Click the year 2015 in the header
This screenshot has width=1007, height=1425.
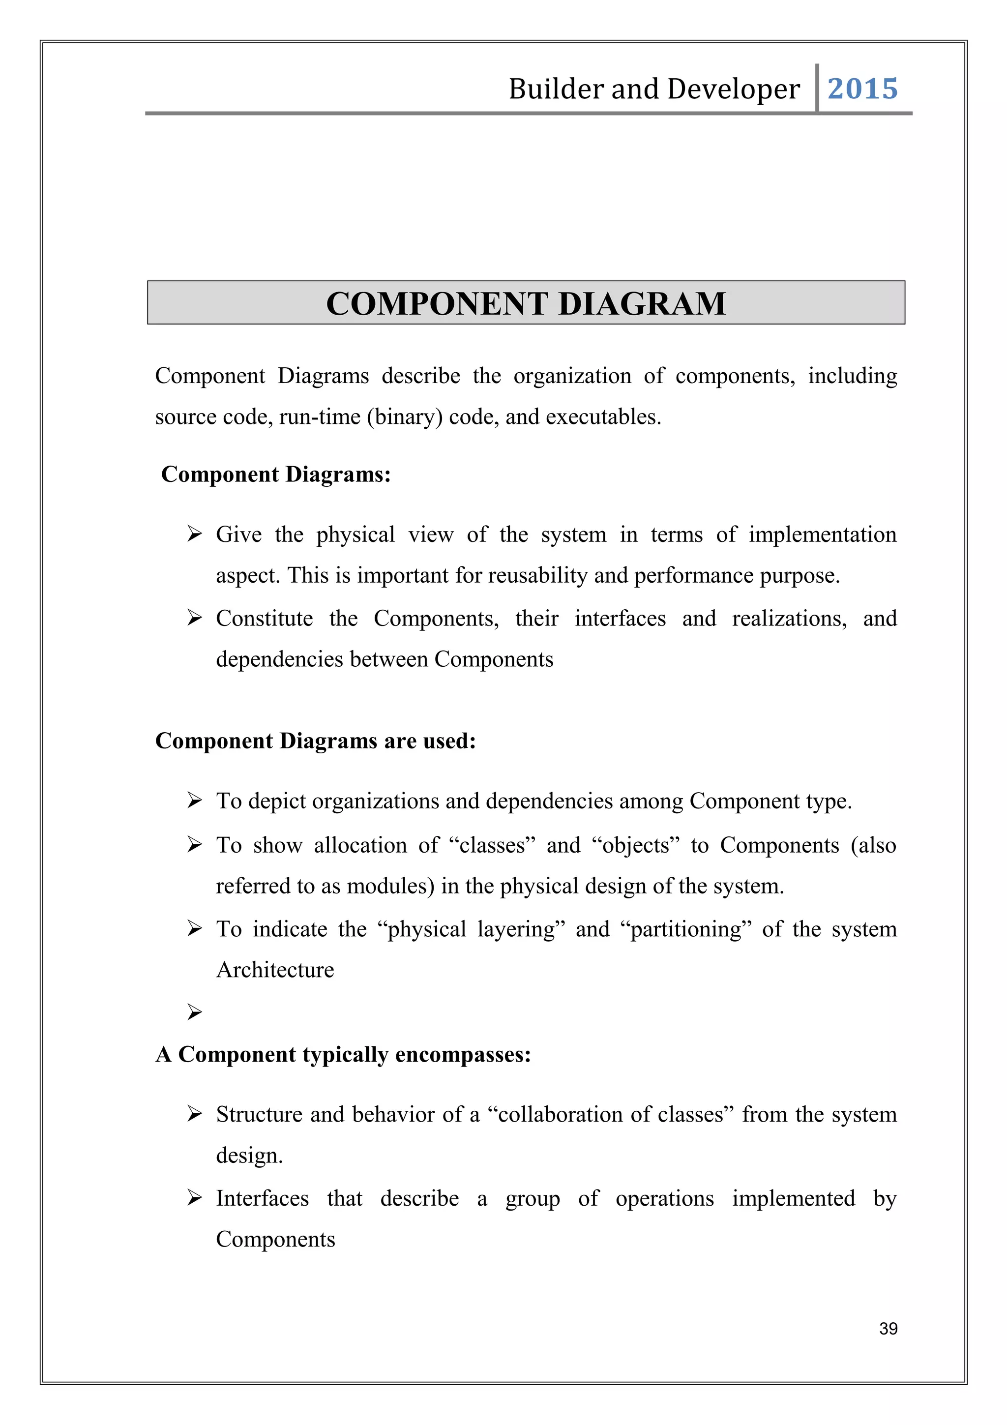[862, 89]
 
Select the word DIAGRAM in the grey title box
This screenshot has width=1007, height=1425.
[642, 303]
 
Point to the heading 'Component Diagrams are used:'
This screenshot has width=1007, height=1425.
[315, 741]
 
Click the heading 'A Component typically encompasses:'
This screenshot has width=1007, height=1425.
[343, 1054]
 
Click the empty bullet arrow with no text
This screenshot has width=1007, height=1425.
[194, 1012]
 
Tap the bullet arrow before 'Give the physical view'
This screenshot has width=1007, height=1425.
[194, 534]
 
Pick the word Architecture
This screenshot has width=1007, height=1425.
[275, 970]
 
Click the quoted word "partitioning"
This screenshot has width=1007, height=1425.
[685, 929]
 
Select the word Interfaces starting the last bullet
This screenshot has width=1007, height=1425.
[262, 1198]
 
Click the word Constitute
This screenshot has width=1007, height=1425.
[265, 618]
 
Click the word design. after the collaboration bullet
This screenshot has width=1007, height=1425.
[249, 1156]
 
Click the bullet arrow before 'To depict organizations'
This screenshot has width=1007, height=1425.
[194, 801]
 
